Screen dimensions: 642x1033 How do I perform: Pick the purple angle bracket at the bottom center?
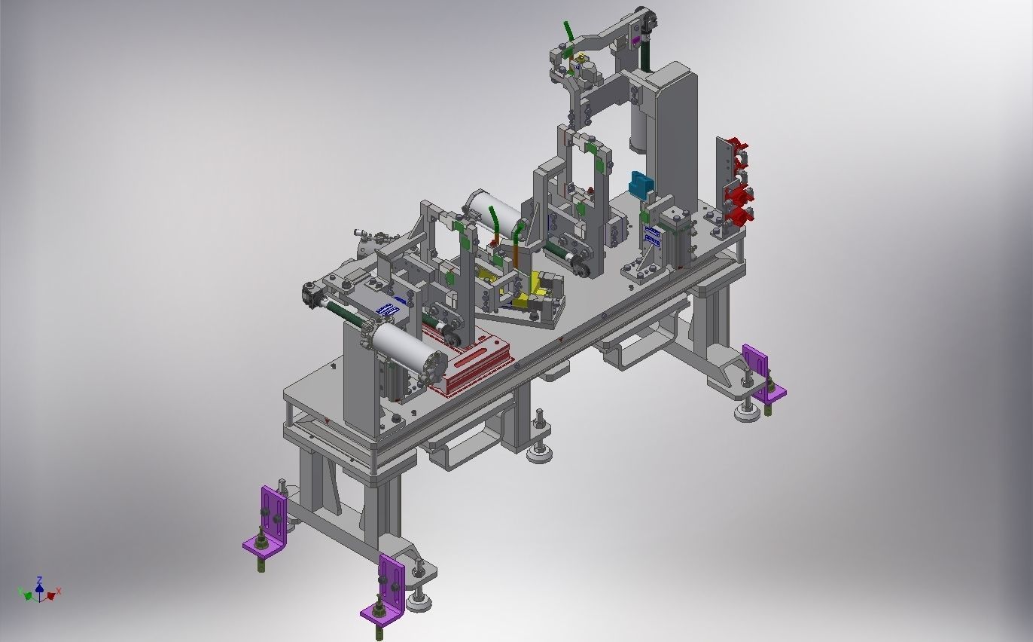[x=389, y=588]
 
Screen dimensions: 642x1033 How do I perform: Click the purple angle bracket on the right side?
[x=760, y=372]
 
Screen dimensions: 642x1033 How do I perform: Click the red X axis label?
[x=59, y=592]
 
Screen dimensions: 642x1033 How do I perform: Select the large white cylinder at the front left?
[x=402, y=347]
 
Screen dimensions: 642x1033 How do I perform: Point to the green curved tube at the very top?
[x=569, y=31]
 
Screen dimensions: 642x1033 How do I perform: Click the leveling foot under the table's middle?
[x=540, y=451]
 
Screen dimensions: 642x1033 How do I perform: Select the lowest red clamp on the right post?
[x=740, y=216]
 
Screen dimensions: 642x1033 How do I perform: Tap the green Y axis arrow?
[x=28, y=595]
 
